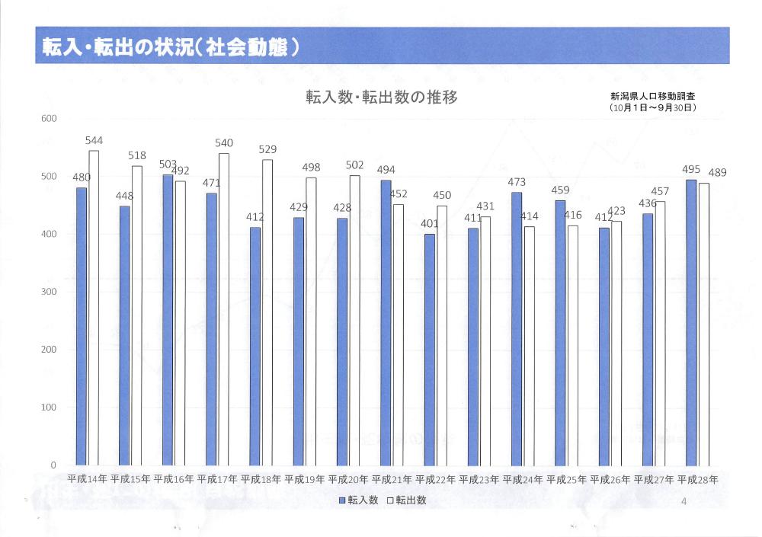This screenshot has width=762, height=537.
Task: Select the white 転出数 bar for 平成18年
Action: (267, 312)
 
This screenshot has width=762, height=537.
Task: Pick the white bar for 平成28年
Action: (704, 324)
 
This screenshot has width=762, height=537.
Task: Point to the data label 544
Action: (94, 141)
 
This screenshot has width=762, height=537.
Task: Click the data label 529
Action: (267, 150)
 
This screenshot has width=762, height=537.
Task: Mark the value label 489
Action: (716, 173)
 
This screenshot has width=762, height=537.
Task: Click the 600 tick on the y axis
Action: (49, 119)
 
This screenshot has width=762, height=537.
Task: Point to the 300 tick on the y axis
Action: (49, 292)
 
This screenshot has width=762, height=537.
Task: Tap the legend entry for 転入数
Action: (358, 500)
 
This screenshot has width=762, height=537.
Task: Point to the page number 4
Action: (684, 501)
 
